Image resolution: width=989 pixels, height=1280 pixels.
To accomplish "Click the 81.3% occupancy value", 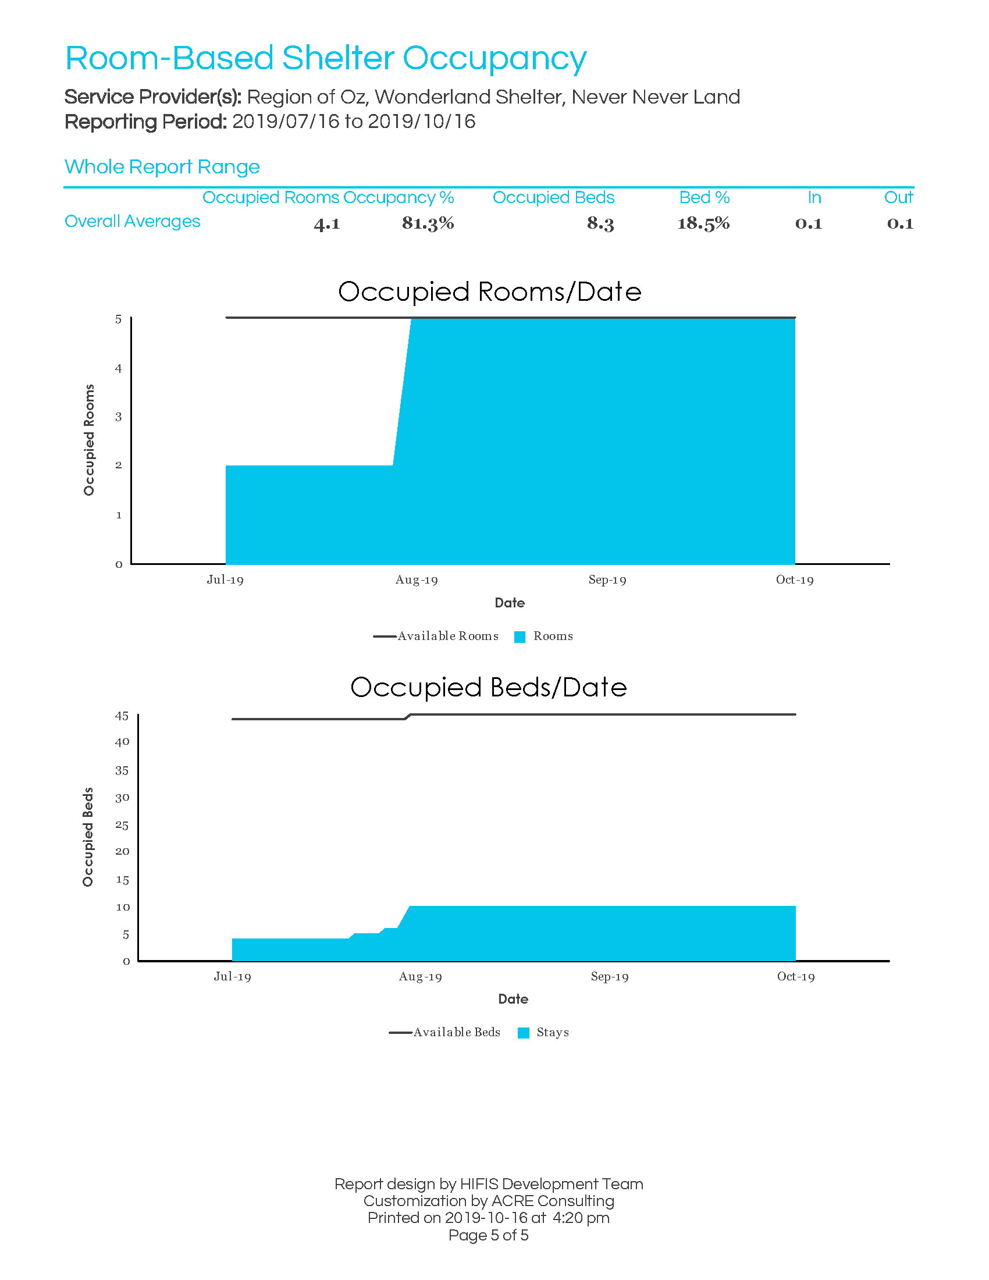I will click(428, 223).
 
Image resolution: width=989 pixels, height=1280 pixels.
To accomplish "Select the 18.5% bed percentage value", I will click(703, 223).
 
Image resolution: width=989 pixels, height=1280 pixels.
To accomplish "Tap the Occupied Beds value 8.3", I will click(600, 223).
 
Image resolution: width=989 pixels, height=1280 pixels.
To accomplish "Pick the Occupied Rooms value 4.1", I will click(327, 223).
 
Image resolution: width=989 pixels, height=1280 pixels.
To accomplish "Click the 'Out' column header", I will click(898, 197).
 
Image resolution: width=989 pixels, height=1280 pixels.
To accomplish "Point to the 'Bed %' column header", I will click(705, 197).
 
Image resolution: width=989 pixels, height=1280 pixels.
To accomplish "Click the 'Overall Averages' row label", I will click(133, 221).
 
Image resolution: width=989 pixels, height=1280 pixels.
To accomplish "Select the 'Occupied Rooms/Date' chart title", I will click(490, 291).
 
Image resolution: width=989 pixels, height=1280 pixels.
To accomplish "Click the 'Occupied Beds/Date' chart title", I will click(489, 687).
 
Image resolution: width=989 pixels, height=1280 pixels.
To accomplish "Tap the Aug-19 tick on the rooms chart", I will click(417, 579).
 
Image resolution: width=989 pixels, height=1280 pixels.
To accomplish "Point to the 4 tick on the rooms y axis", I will click(118, 368).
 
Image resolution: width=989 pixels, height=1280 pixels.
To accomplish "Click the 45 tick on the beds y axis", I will click(122, 716).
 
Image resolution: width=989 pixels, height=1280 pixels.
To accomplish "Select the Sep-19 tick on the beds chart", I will click(609, 976).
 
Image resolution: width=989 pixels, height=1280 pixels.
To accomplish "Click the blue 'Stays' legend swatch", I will click(524, 1033).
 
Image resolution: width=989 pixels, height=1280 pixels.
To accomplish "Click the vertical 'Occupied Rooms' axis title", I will click(89, 439).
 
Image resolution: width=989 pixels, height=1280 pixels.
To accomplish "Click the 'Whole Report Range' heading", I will click(162, 167).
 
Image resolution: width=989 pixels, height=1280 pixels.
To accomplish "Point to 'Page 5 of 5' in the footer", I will click(489, 1235).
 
